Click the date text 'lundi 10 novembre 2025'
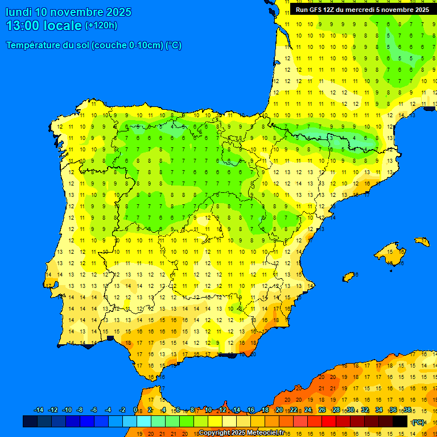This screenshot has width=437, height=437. (68, 12)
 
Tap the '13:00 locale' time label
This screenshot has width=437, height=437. (44, 26)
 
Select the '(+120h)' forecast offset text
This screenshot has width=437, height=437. (101, 26)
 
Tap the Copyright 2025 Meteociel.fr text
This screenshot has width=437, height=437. (241, 432)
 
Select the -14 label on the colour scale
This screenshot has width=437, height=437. (39, 410)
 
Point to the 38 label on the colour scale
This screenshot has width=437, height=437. (407, 410)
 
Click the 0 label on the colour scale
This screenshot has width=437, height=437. (135, 410)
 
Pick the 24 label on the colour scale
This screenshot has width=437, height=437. (308, 410)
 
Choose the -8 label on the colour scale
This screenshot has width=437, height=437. (80, 410)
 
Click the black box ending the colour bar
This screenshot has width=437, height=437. (400, 421)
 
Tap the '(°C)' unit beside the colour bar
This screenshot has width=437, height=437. (418, 422)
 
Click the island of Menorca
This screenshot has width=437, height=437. (422, 241)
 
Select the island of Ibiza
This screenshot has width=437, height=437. (349, 277)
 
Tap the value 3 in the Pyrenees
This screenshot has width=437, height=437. (331, 138)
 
